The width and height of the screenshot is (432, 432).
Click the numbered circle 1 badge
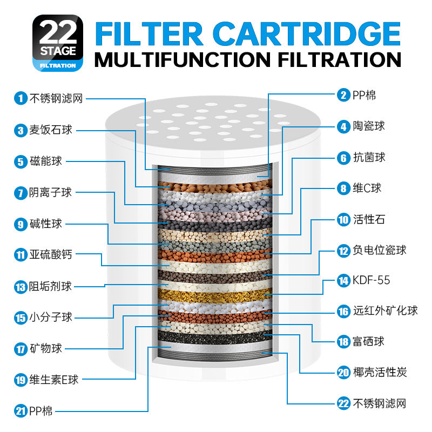(21, 98)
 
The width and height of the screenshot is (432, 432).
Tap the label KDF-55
(371, 280)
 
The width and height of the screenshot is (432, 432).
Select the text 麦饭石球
(51, 130)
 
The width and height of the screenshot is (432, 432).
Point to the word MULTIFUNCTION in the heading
(183, 59)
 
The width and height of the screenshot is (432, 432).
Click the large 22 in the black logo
(58, 32)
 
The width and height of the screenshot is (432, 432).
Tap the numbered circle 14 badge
(343, 281)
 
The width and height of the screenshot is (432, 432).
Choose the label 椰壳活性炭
(380, 372)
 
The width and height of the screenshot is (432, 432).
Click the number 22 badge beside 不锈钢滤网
(343, 403)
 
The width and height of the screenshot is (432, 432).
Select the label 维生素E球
(54, 380)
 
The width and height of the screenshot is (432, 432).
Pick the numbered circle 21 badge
(21, 411)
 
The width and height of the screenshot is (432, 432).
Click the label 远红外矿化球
(386, 310)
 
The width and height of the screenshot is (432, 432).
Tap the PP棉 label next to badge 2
(364, 96)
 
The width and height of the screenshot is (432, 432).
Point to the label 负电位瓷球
(380, 250)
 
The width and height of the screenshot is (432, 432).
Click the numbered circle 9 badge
(21, 224)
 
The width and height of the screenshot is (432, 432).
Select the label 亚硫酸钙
(51, 254)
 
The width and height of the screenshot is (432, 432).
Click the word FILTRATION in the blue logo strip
(58, 65)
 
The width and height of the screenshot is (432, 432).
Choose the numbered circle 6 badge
(343, 158)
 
